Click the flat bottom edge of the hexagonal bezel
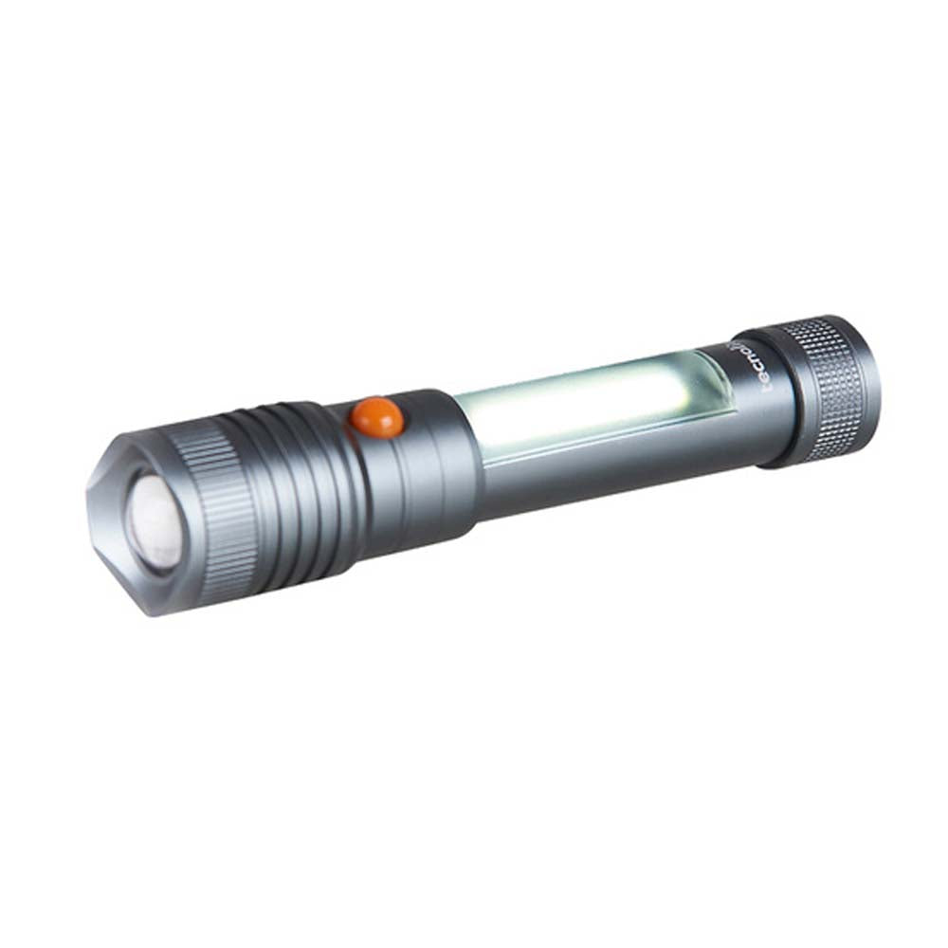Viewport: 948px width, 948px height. [142, 602]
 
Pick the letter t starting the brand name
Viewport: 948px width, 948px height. [763, 388]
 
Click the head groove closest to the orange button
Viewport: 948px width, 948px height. [337, 474]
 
